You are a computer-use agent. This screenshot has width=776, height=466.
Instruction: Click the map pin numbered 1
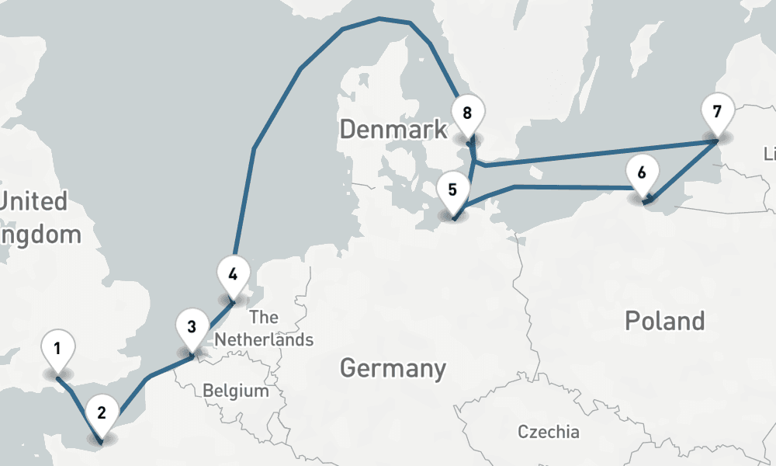tap(57, 349)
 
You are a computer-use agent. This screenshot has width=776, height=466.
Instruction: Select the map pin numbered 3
tap(192, 327)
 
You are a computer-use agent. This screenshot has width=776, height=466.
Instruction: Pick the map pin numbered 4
tap(233, 274)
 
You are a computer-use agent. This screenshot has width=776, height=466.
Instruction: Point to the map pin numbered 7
tap(716, 110)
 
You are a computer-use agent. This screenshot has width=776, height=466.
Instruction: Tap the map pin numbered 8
tap(467, 114)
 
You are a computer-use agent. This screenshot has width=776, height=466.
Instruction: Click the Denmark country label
tap(393, 129)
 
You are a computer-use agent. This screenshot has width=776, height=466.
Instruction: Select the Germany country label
tap(393, 367)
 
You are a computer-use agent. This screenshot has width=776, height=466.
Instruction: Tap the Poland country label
tap(665, 320)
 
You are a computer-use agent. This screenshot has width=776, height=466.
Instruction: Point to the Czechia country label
tap(549, 432)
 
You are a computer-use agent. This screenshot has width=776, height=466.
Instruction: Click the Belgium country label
tap(236, 391)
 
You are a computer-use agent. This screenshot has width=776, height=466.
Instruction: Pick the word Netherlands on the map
tap(264, 339)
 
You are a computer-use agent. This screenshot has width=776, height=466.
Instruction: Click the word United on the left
tap(35, 202)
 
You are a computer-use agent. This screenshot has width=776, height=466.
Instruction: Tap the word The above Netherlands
tap(264, 317)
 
